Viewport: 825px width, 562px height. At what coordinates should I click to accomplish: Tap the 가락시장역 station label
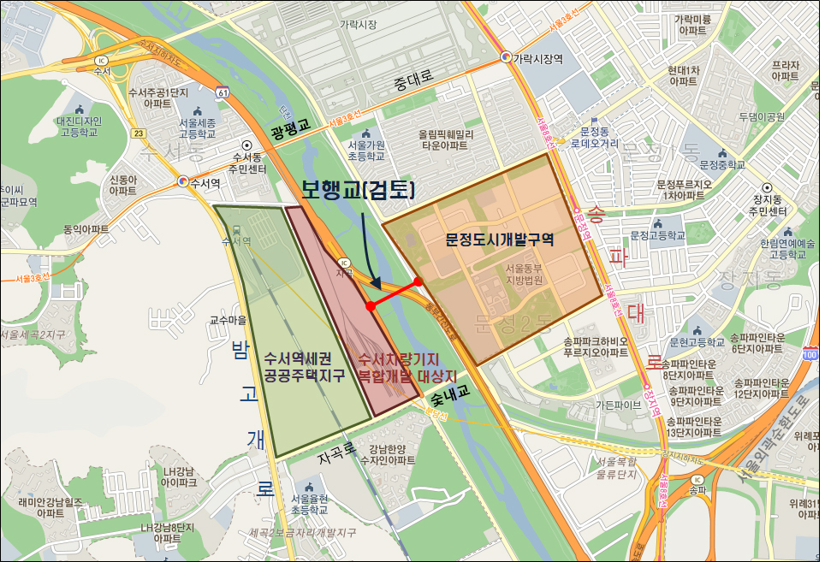537,58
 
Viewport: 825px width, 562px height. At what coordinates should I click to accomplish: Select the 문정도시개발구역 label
500,240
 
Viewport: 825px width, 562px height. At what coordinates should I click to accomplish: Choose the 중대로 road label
413,82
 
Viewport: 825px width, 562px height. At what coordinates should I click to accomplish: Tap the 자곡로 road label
335,460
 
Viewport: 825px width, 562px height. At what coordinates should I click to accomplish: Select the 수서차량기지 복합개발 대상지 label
407,367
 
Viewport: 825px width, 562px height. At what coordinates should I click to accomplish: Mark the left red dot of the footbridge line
370,305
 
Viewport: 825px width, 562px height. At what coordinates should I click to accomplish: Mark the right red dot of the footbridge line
418,281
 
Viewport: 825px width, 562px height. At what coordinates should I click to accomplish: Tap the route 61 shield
223,91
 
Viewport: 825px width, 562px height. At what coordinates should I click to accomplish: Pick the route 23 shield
139,133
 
